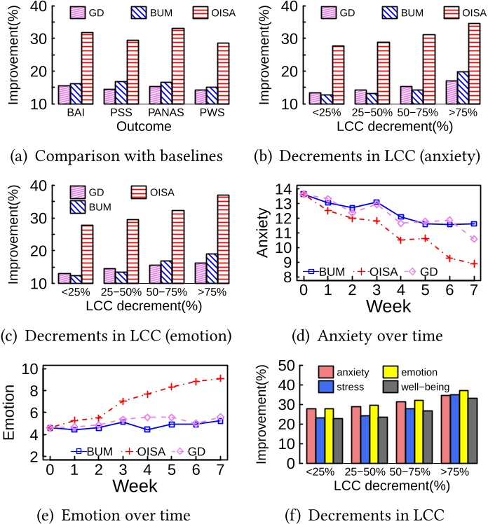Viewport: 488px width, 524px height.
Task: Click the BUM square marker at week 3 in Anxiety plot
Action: [377, 202]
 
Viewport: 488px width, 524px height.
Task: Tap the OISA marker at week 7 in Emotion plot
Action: [221, 378]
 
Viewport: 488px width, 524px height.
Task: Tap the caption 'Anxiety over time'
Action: [379, 336]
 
